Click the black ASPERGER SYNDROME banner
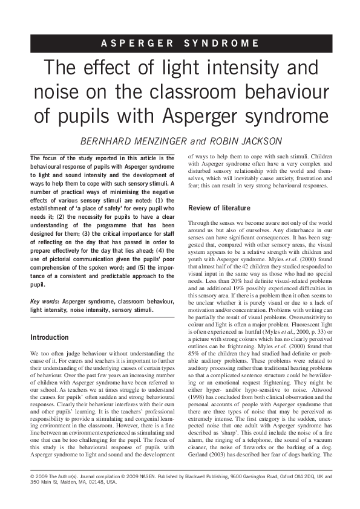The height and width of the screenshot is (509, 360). pos(180,44)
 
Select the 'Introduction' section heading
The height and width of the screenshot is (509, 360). pos(50,337)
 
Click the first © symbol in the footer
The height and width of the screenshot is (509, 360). pos(31,493)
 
